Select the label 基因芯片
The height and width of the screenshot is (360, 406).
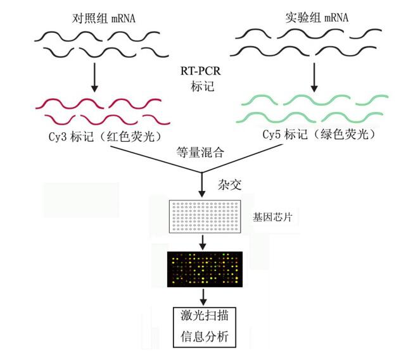point(267,217)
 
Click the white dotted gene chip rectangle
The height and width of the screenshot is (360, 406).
point(200,217)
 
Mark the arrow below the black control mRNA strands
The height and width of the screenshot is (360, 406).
point(93,78)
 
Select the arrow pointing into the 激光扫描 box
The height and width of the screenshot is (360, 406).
point(201,295)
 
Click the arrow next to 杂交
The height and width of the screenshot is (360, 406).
point(201,183)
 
